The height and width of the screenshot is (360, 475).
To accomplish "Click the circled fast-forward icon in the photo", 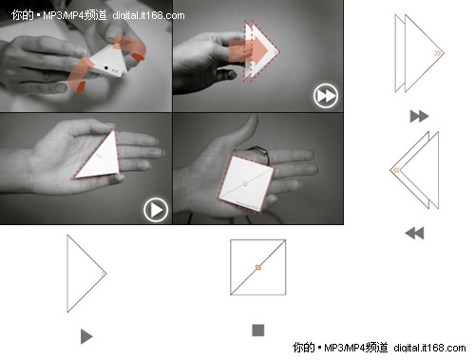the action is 326,96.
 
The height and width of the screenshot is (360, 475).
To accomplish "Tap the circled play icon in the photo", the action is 156,210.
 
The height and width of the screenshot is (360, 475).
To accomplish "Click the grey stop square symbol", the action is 258,331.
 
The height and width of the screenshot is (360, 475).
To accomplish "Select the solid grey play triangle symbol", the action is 86,336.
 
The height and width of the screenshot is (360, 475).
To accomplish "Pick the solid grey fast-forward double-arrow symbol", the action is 419,116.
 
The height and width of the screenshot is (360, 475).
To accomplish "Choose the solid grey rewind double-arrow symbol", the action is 414,234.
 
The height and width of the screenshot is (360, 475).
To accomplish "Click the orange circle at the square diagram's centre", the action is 258,267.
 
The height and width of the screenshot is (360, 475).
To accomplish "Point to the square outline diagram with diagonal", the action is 258,267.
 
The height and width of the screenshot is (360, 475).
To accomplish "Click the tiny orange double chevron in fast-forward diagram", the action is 437,53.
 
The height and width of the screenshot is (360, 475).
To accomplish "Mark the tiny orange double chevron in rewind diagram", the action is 396,170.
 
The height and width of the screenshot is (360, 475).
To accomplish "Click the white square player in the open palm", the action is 246,184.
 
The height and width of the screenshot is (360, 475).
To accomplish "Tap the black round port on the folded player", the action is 105,67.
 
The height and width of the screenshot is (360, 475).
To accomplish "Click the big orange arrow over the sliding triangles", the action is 250,49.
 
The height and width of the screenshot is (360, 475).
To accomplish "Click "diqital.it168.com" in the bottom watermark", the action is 429,348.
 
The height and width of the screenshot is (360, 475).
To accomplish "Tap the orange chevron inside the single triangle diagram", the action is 103,274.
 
